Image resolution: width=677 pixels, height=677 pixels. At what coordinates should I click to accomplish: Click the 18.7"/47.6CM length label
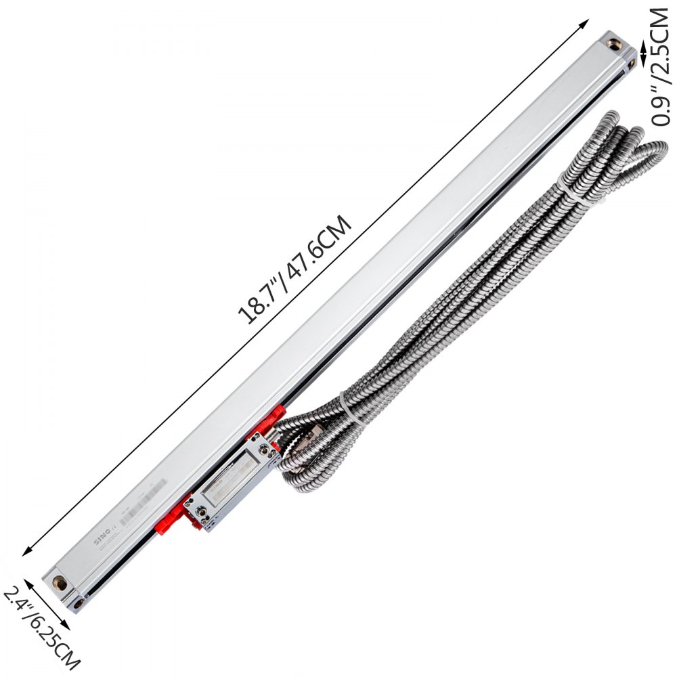tap(296, 269)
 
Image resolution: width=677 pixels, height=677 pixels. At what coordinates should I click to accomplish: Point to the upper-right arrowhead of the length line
tap(586, 22)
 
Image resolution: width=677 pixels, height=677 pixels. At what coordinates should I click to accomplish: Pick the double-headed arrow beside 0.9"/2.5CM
tap(643, 65)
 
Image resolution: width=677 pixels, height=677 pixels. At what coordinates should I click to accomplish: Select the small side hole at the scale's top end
tap(631, 63)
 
